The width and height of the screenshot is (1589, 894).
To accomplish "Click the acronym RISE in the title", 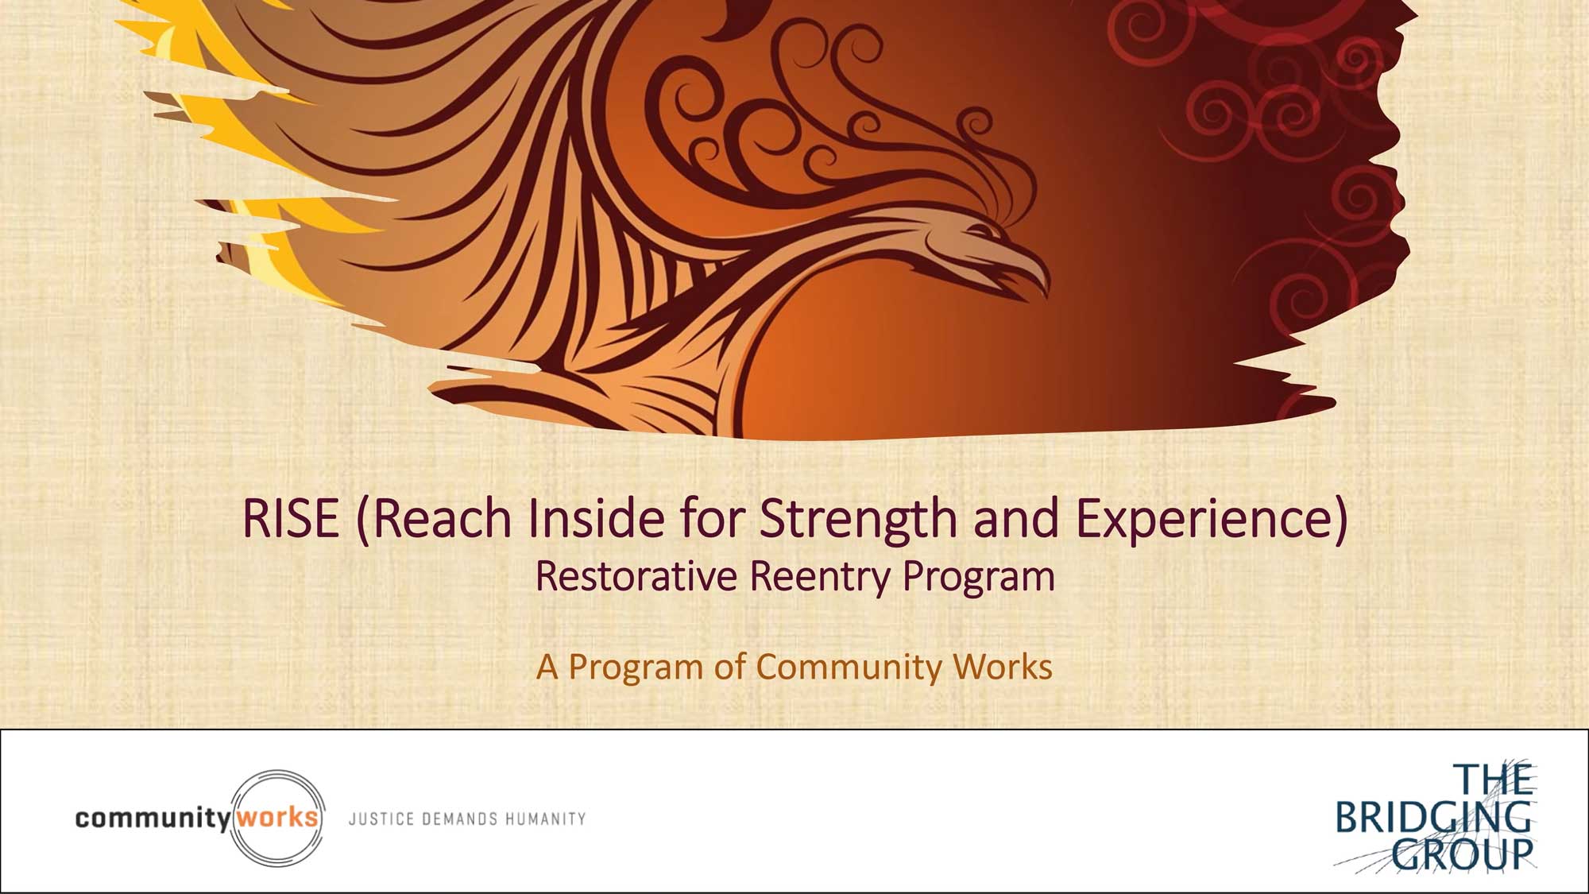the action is coord(291,518).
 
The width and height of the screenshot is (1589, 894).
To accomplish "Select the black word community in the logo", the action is coord(153,819).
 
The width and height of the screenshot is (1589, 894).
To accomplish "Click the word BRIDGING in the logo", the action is coord(1433,817).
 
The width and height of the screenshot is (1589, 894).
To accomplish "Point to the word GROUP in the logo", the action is coord(1462,854).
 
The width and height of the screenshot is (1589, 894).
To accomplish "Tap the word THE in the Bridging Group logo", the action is coord(1493,780).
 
